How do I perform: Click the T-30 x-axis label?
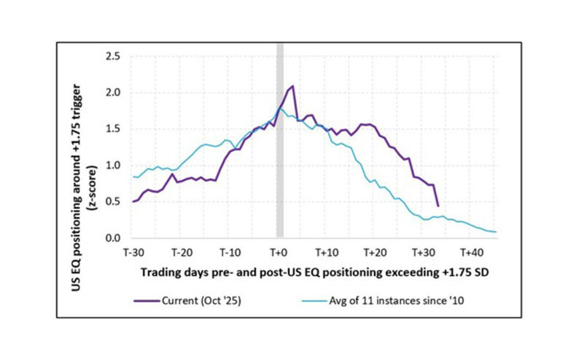pyautogui.click(x=133, y=252)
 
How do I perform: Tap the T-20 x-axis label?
pyautogui.click(x=181, y=252)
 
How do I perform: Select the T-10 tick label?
pyautogui.click(x=229, y=252)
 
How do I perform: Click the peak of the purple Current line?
pyautogui.click(x=292, y=86)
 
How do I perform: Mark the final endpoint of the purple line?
pyautogui.click(x=438, y=206)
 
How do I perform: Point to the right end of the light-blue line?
pyautogui.click(x=496, y=232)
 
